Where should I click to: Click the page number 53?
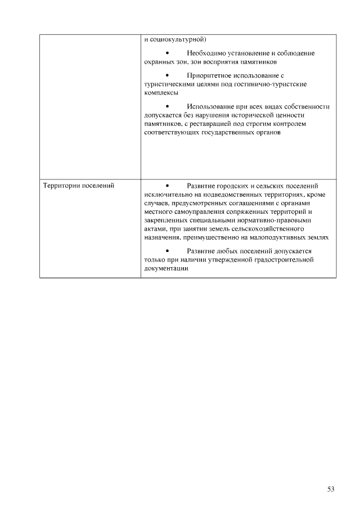[331, 489]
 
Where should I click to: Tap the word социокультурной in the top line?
[178, 39]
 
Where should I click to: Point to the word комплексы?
[161, 92]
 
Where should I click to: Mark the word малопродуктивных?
[270, 238]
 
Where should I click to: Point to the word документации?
[166, 269]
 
